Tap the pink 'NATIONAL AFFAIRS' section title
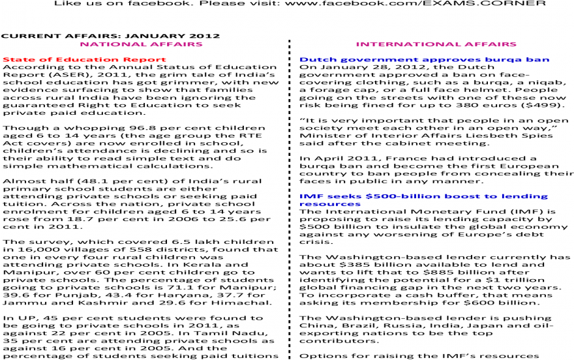pyautogui.click(x=141, y=44)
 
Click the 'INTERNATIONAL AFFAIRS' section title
pyautogui.click(x=436, y=44)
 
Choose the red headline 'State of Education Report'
pyautogui.click(x=85, y=59)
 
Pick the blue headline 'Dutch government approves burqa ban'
pyautogui.click(x=424, y=59)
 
